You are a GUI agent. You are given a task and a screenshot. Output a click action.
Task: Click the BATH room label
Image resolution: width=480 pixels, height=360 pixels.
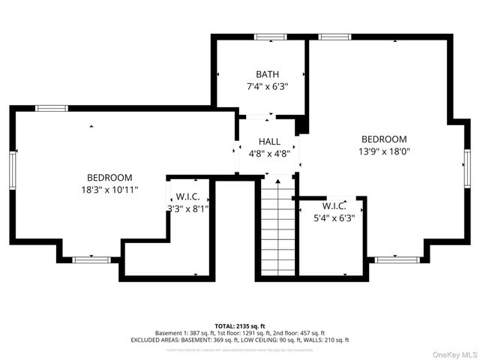(x=267, y=74)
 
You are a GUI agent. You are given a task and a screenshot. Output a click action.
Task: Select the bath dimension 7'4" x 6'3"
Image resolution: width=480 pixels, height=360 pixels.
(x=267, y=86)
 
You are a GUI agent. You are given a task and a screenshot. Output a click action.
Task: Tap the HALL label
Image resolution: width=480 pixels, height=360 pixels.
(x=269, y=142)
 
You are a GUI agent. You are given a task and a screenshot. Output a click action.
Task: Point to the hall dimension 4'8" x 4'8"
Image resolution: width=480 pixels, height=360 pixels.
(x=269, y=154)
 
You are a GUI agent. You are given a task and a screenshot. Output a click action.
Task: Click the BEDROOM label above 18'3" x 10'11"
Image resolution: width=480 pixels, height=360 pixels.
(x=109, y=177)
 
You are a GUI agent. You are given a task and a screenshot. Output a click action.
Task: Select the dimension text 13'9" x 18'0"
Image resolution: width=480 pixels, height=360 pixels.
(x=384, y=151)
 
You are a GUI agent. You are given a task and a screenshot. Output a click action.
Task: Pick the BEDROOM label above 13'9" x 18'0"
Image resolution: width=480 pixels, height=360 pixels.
(x=384, y=139)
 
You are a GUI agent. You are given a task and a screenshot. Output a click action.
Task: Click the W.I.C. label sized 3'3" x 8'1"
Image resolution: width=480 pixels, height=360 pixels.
(x=187, y=197)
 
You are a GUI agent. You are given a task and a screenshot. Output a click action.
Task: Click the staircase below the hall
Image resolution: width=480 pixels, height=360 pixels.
(x=276, y=228)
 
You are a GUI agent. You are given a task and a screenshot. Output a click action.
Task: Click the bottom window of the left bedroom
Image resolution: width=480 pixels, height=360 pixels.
(x=91, y=259)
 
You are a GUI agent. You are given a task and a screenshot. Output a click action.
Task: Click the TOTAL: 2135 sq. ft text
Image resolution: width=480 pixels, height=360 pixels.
(x=240, y=325)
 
